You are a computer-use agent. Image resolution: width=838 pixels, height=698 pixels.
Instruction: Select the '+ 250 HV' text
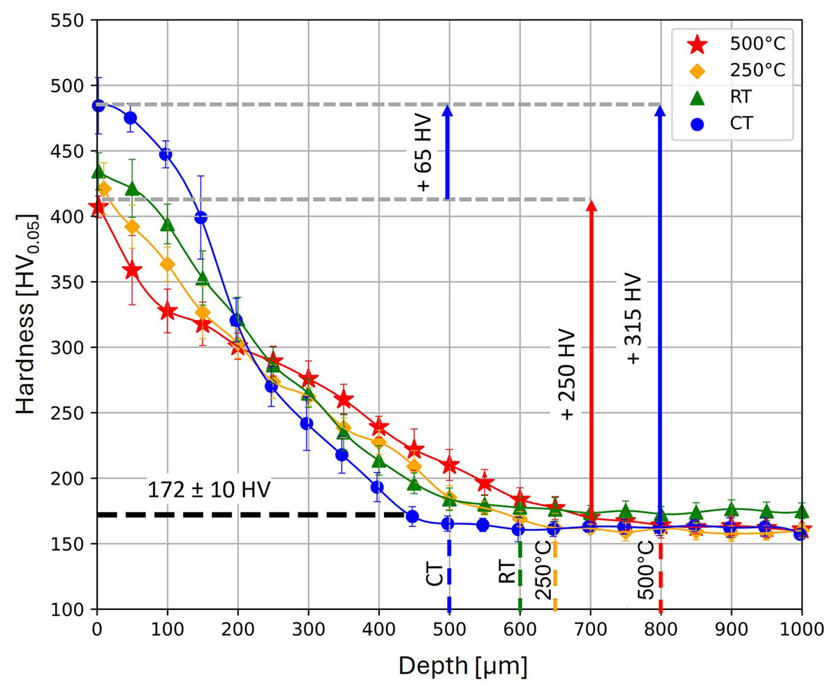567,374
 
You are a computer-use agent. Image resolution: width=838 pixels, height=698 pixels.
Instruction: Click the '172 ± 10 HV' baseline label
209,489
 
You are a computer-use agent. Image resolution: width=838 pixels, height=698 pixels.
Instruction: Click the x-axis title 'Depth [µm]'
462,666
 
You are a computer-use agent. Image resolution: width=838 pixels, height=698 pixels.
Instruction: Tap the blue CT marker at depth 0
98,106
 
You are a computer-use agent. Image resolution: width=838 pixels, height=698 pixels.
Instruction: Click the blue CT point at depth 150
201,217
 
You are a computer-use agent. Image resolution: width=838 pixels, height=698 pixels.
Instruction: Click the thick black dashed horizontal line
251,515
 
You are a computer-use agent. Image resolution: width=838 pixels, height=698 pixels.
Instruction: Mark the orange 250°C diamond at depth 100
167,265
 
